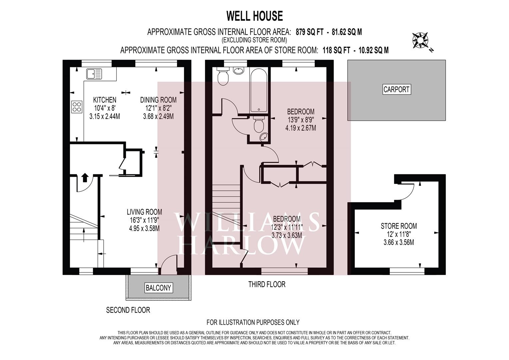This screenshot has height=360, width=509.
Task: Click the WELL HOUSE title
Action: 255,16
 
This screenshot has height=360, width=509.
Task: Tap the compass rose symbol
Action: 420,41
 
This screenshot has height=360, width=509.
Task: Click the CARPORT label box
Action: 397,89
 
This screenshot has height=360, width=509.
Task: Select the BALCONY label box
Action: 158,288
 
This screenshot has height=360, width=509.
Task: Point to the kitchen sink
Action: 94,74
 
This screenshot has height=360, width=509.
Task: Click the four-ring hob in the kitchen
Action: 77,107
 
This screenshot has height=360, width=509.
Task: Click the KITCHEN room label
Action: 105,100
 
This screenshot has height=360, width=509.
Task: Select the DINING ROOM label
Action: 158,100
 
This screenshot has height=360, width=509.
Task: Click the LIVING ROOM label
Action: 145,212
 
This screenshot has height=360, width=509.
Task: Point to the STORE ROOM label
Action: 399,226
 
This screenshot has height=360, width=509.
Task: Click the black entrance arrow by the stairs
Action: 85,177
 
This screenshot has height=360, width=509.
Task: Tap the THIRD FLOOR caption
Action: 267,284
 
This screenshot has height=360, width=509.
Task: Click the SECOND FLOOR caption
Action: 128,310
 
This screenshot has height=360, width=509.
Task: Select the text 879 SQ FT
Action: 309,32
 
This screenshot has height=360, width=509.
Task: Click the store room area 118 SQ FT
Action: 336,50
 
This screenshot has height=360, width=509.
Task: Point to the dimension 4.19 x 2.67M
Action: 301,128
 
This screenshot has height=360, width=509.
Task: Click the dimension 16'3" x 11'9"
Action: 144,220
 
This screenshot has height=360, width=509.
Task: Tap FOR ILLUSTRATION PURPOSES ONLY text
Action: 253,322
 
